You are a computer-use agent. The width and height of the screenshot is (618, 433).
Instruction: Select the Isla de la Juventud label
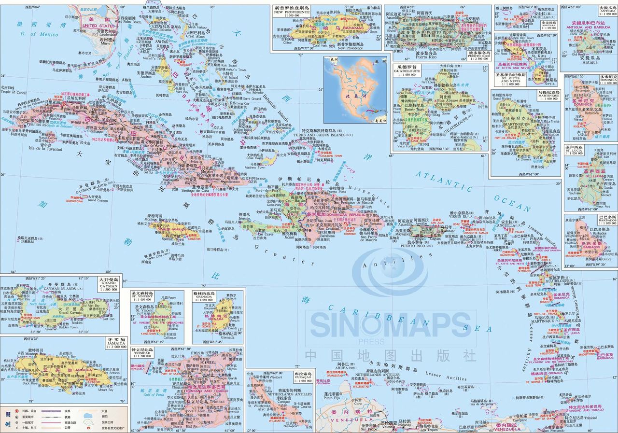45,149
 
